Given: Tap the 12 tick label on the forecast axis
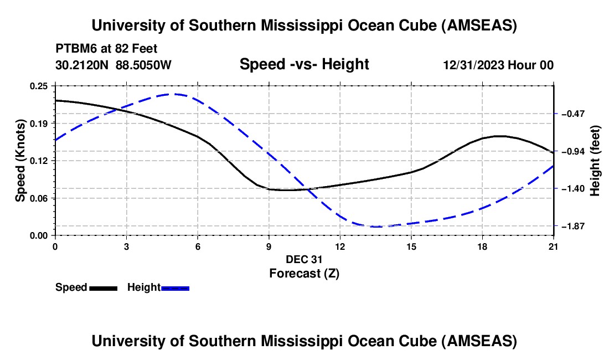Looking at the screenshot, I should click(x=339, y=246).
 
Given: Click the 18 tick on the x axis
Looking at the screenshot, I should click(x=482, y=246).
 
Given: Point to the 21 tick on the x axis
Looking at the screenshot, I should click(x=553, y=246).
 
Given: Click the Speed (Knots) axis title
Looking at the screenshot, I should click(x=20, y=161).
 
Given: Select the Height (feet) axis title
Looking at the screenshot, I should click(x=596, y=161).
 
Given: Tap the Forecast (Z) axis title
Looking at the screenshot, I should click(x=304, y=273).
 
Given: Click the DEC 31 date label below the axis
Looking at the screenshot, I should click(x=304, y=259).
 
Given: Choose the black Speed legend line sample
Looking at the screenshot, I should click(x=103, y=287).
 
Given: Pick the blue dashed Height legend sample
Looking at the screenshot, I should click(x=175, y=287).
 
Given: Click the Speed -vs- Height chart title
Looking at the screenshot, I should click(x=304, y=64).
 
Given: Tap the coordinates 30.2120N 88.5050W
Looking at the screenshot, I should click(x=113, y=65).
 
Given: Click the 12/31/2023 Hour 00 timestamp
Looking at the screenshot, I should click(x=498, y=65).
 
